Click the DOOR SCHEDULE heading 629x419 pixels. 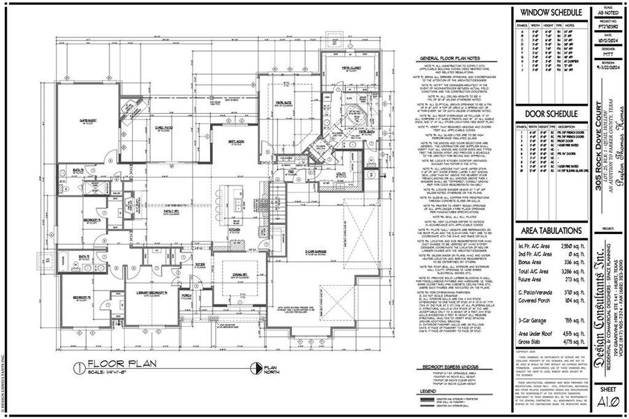point(549,115)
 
